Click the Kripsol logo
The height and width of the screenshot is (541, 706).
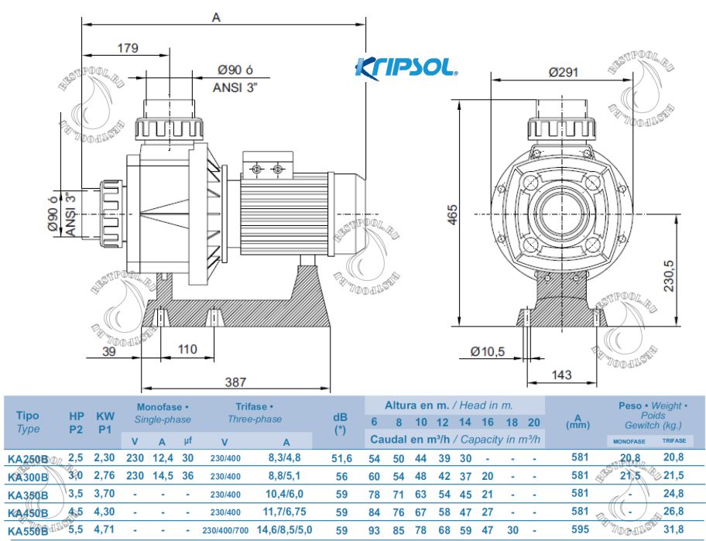click(x=406, y=68)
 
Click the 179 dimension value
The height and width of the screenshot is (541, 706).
click(x=128, y=48)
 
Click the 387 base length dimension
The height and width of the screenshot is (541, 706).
click(x=236, y=382)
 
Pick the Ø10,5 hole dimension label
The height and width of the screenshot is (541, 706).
click(x=488, y=351)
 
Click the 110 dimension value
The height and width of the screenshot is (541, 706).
click(x=187, y=349)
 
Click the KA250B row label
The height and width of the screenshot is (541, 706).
click(x=27, y=459)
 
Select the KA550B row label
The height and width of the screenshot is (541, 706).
click(x=27, y=531)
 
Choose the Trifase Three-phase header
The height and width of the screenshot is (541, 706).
click(x=254, y=413)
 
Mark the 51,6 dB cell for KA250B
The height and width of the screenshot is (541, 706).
click(x=341, y=458)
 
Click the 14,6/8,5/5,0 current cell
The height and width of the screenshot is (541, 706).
click(x=285, y=530)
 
